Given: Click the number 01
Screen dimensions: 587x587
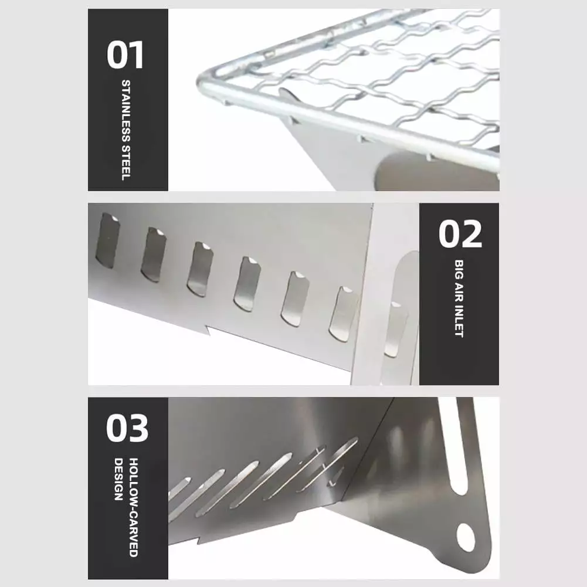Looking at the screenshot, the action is [x=125, y=55].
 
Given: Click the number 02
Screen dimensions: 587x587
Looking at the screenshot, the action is [x=460, y=234].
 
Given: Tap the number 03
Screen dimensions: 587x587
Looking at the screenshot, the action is [x=127, y=428].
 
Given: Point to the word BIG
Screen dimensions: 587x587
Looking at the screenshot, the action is [x=459, y=270].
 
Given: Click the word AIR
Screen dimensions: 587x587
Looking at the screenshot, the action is [x=459, y=293].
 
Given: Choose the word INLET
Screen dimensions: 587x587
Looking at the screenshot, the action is [x=459, y=323].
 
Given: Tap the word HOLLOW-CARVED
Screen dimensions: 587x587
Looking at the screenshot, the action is [x=134, y=507].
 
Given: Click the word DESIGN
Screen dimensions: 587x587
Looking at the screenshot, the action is [x=118, y=479].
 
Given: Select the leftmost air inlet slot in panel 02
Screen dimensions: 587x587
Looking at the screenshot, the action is [x=108, y=240].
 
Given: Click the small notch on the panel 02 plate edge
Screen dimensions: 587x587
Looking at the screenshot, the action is [x=208, y=330].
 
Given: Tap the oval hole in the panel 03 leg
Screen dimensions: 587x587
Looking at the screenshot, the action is [x=466, y=537].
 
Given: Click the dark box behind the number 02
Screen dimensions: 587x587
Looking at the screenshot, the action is [x=459, y=294].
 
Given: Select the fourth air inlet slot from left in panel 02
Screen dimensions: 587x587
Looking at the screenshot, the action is [x=247, y=284].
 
